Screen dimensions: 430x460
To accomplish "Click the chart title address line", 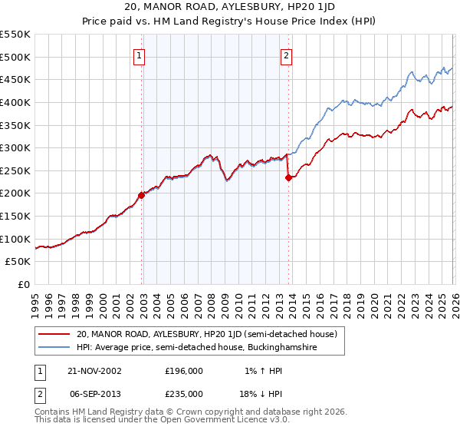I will tap(229, 8).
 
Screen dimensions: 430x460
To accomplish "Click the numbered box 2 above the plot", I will tap(286, 55).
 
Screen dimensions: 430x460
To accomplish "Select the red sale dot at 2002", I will tap(142, 195).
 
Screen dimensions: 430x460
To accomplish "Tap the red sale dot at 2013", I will tap(288, 177).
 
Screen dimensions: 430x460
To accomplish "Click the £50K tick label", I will tap(18, 262).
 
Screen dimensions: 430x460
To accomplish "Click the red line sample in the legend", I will tap(54, 334).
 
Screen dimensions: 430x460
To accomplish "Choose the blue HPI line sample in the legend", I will tap(54, 348).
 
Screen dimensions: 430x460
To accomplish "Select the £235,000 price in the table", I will tap(184, 393).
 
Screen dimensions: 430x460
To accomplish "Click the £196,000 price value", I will tap(184, 370).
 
